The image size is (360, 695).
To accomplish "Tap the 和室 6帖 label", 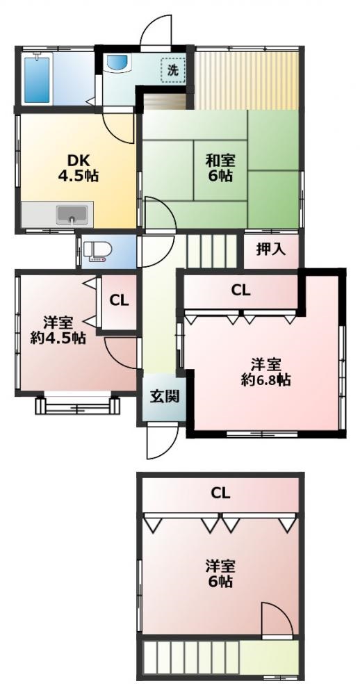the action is point(219,167).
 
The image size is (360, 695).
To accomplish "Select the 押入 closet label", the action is point(270,250).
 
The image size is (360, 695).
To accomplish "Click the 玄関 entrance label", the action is point(163,396).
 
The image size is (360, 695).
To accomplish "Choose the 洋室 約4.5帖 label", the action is point(58,330).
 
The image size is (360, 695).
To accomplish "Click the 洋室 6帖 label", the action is point(220,573).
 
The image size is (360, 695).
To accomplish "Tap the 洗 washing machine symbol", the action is point(173,70).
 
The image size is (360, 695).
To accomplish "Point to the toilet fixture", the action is point(97,252).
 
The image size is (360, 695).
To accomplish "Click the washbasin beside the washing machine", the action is point(117,63).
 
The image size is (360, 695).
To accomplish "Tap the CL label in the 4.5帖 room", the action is point(120,300).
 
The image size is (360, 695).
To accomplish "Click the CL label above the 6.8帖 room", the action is point(240,291).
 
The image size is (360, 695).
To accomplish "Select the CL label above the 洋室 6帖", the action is point(220,493).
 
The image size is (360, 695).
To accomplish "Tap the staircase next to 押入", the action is point(211,250).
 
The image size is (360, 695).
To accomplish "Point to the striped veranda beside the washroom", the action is point(246,80).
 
